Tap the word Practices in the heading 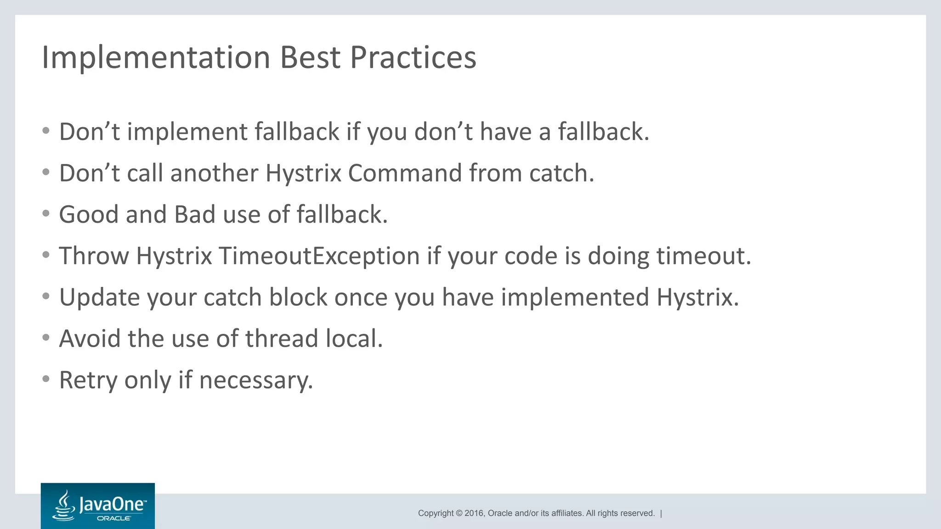[413, 58]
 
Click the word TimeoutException [319, 256]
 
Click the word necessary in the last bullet [255, 380]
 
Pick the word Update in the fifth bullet [99, 297]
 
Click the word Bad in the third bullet [194, 214]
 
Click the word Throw [94, 256]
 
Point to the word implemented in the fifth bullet [575, 297]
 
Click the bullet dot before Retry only [45, 379]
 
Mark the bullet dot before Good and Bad [45, 214]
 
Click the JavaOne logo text [112, 504]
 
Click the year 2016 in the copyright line [474, 513]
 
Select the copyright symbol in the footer [459, 513]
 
